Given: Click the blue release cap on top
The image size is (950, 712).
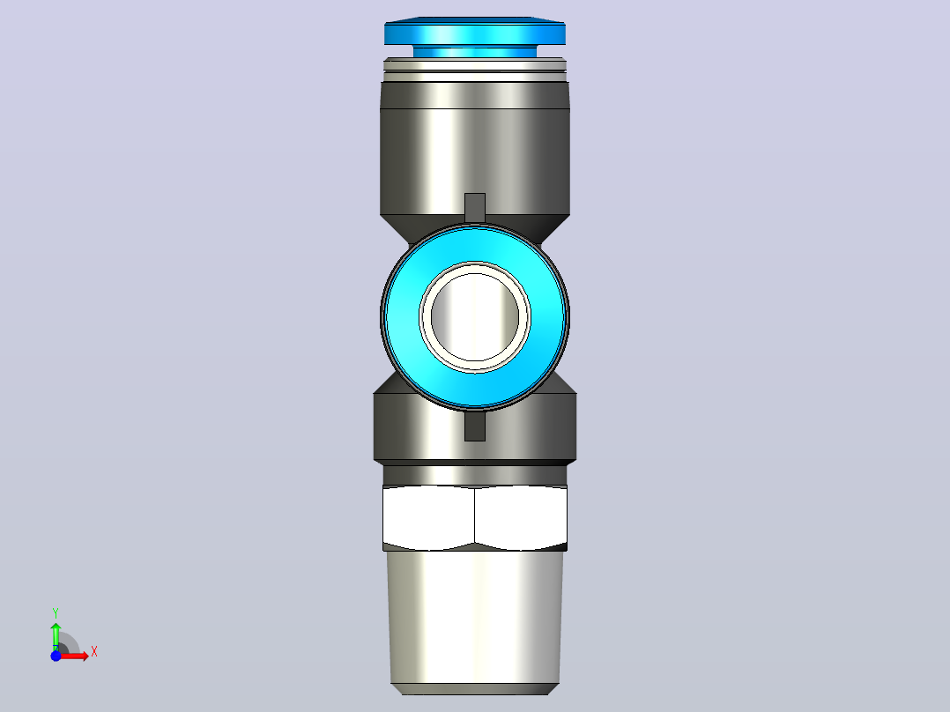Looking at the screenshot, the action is click(474, 32).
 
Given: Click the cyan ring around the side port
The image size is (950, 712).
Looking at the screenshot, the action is click(400, 317).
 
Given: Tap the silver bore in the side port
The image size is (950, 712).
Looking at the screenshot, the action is click(475, 317).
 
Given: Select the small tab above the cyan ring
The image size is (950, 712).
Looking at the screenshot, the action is click(475, 207).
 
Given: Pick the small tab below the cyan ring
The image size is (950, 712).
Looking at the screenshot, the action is click(475, 426).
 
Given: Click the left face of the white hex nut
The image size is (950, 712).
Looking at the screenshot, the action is click(428, 517).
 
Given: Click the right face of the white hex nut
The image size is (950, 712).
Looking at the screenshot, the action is click(521, 517).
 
